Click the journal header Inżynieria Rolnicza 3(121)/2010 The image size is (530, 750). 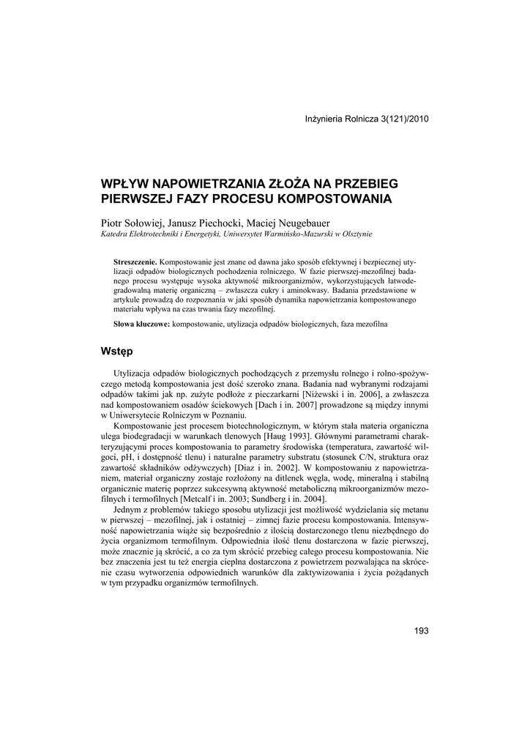click(366, 119)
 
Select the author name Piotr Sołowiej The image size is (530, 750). click(132, 223)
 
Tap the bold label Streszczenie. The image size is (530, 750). click(136, 261)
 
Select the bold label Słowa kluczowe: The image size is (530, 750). click(142, 323)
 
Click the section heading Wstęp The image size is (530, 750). click(116, 352)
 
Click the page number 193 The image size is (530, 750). click(421, 631)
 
